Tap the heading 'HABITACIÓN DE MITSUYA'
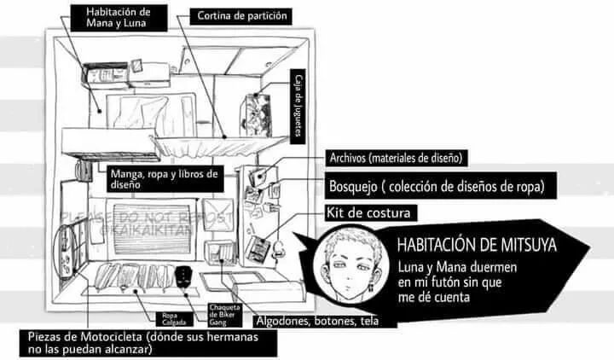[x=477, y=246]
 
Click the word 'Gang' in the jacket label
[x=217, y=323]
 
